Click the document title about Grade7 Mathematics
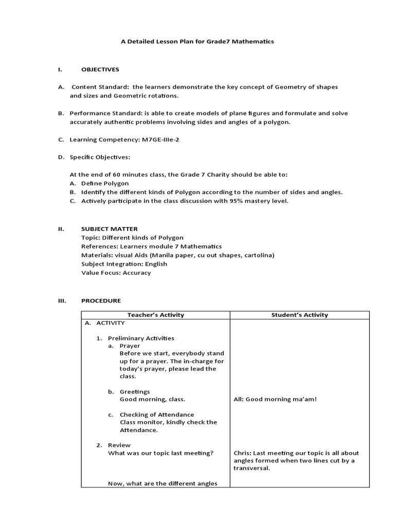click(x=197, y=42)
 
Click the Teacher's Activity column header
click(x=155, y=315)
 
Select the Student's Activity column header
click(x=299, y=315)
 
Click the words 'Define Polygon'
click(x=105, y=183)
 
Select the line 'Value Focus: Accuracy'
click(x=116, y=273)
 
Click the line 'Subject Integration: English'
click(x=124, y=264)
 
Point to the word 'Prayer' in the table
click(x=130, y=346)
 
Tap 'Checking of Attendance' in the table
click(x=157, y=415)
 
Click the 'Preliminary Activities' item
click(x=141, y=338)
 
